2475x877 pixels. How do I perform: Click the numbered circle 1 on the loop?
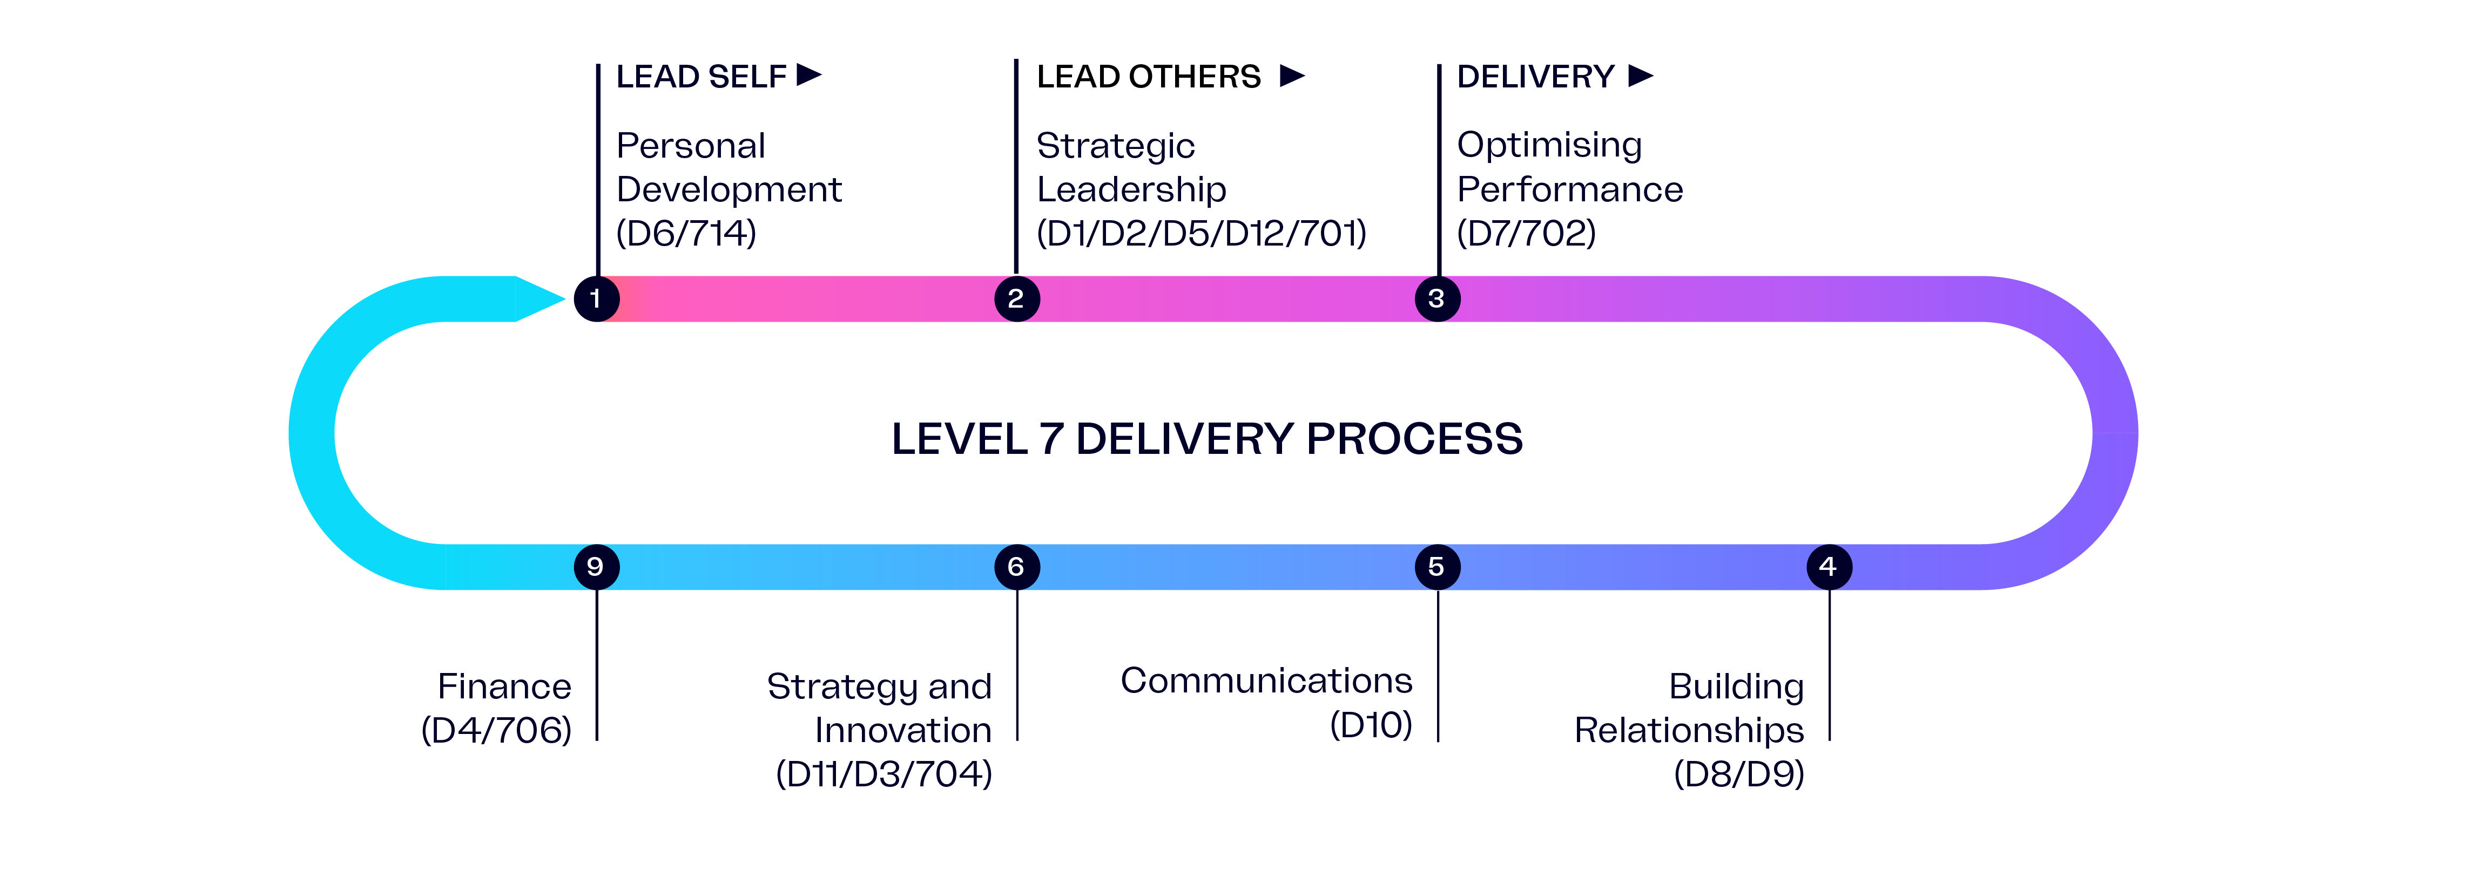tap(596, 299)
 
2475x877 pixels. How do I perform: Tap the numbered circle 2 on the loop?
tap(1016, 299)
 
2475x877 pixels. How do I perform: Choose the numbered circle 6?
tap(1016, 567)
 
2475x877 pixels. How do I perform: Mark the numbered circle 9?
tap(596, 567)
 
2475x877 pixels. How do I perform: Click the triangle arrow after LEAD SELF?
tap(809, 75)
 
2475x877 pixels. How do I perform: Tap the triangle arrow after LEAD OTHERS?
tap(1292, 75)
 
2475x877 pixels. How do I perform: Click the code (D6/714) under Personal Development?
tap(686, 233)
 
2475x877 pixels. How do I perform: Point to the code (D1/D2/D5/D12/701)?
tap(1201, 233)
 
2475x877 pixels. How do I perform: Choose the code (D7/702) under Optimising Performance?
tap(1526, 233)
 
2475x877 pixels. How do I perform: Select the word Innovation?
tap(903, 731)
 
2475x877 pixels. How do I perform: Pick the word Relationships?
tap(1689, 731)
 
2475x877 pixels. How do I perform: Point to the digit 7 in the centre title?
tap(1051, 439)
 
